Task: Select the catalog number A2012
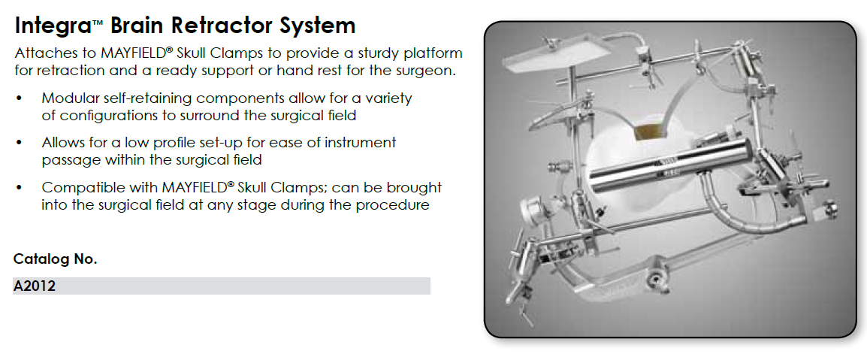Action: (x=35, y=286)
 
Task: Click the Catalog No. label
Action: (x=56, y=259)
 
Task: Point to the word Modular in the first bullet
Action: (x=66, y=98)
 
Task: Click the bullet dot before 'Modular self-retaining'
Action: (x=20, y=99)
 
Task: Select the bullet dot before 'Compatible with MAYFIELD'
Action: (x=20, y=187)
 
